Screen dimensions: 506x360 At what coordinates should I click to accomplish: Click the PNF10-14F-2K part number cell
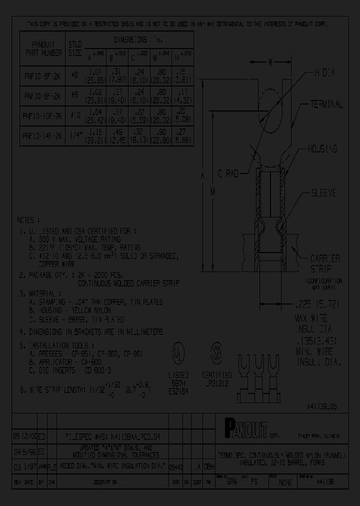coord(42,135)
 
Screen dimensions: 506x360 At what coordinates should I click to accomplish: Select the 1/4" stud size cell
coord(74,135)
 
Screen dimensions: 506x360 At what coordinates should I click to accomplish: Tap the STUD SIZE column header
coord(74,48)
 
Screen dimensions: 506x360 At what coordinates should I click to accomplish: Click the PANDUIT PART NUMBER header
coord(42,48)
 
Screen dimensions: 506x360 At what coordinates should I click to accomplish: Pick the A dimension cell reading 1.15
coord(95,135)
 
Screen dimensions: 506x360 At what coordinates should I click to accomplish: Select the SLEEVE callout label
coord(323,193)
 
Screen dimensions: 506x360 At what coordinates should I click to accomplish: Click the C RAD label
coord(228,173)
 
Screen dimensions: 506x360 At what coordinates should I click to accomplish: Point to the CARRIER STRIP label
coord(325,263)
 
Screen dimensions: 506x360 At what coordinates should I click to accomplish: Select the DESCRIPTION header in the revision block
coord(105,482)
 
